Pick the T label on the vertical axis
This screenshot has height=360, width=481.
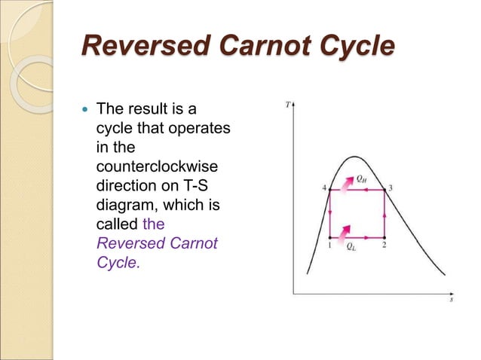(x=289, y=105)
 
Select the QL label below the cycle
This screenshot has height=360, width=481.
(x=352, y=246)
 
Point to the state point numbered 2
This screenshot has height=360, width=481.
(x=384, y=236)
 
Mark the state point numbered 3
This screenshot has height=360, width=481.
(x=384, y=191)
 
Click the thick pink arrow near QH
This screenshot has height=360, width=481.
(x=346, y=183)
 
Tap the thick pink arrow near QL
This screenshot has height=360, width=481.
(x=345, y=230)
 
